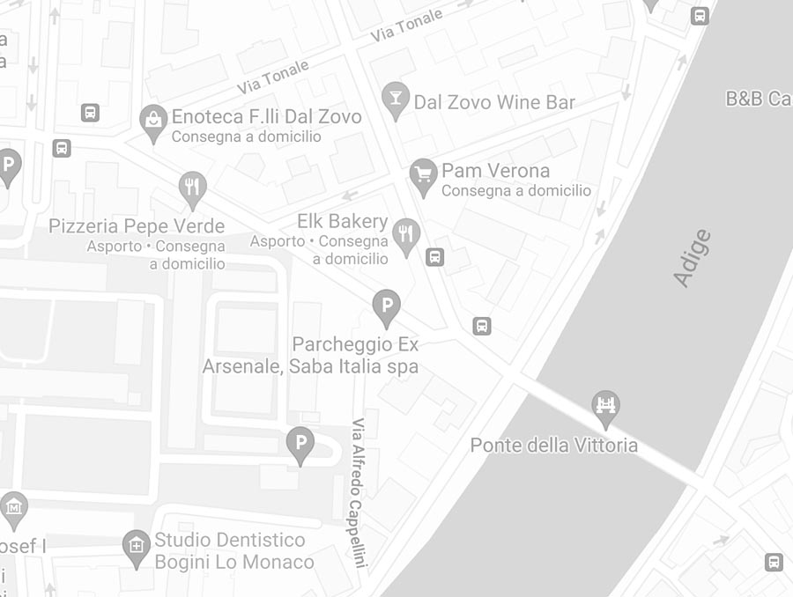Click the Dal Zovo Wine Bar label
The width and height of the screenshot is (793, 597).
(494, 102)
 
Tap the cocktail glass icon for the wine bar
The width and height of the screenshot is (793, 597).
(396, 99)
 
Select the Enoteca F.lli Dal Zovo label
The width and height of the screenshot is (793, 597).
(266, 117)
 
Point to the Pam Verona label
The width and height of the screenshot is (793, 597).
(495, 171)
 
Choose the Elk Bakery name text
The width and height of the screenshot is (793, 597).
(343, 221)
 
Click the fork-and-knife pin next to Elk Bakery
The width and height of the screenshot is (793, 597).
(406, 234)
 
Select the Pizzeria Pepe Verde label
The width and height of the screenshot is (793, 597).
(137, 226)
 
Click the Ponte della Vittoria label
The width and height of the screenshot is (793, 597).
(553, 445)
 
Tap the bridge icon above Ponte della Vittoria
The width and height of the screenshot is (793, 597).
(605, 406)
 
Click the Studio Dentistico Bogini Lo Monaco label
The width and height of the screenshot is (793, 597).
(233, 550)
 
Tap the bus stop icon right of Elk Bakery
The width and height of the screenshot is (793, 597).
(434, 257)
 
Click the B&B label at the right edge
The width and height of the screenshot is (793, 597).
(758, 99)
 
